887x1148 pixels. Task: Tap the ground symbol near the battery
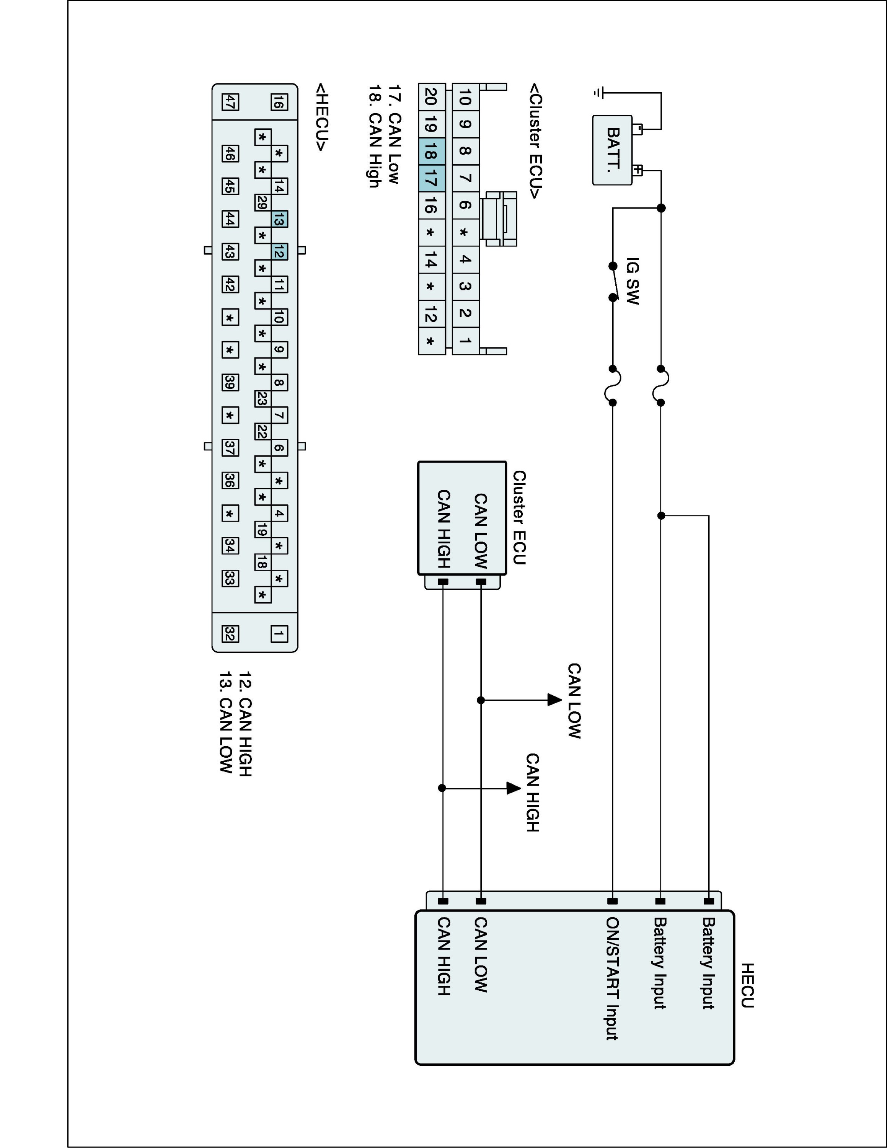coord(597,93)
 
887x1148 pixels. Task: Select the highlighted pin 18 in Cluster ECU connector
coord(431,152)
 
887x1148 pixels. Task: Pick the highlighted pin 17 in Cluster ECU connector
coord(431,178)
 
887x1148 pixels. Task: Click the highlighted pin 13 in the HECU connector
coord(279,220)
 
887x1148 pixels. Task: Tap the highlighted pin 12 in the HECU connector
coord(279,252)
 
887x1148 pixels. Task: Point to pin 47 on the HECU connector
coord(230,102)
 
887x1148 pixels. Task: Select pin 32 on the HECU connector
coord(230,634)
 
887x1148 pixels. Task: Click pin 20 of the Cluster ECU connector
coord(431,97)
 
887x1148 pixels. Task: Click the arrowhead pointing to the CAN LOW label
coord(554,700)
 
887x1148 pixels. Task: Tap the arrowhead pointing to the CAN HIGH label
coord(514,788)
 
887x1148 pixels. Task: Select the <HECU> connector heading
coord(321,117)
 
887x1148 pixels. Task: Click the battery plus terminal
coord(638,170)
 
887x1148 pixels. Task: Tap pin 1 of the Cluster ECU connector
coord(465,341)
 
